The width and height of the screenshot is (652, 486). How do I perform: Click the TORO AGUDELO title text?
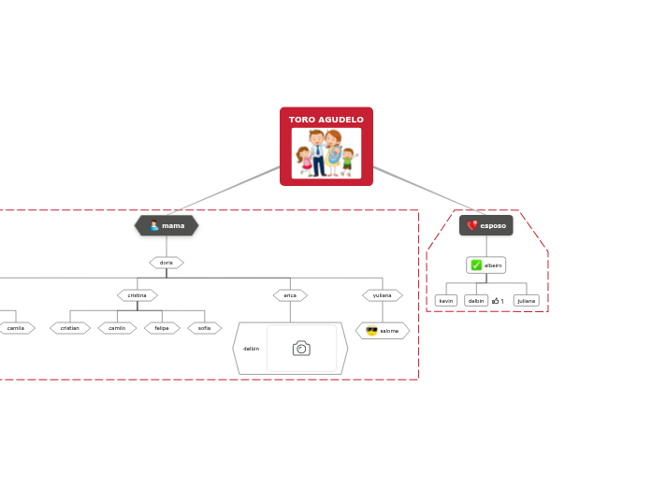pyautogui.click(x=326, y=120)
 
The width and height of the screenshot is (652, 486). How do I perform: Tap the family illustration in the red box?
pyautogui.click(x=326, y=153)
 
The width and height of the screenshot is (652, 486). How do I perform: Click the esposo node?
pyautogui.click(x=486, y=225)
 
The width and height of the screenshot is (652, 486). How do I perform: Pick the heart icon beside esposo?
pyautogui.click(x=472, y=225)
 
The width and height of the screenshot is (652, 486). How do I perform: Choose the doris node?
pyautogui.click(x=167, y=263)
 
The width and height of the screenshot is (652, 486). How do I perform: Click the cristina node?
pyautogui.click(x=137, y=295)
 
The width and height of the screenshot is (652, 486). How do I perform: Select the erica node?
pyautogui.click(x=290, y=295)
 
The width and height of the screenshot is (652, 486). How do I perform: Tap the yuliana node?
pyautogui.click(x=382, y=295)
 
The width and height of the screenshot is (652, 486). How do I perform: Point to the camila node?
pyautogui.click(x=16, y=328)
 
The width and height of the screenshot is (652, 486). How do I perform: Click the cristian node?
pyautogui.click(x=70, y=328)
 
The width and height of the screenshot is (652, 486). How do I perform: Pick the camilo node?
pyautogui.click(x=117, y=328)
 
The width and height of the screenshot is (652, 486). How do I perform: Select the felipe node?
pyautogui.click(x=162, y=328)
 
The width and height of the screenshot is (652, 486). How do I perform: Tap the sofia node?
pyautogui.click(x=204, y=328)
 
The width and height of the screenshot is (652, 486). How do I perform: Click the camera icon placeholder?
pyautogui.click(x=301, y=349)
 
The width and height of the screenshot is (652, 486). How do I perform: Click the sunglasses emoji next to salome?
pyautogui.click(x=371, y=331)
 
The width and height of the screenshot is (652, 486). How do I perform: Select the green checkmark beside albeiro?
pyautogui.click(x=476, y=265)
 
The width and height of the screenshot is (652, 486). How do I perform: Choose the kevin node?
pyautogui.click(x=446, y=301)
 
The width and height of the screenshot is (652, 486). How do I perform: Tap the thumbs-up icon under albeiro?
pyautogui.click(x=496, y=301)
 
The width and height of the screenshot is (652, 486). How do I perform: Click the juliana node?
pyautogui.click(x=527, y=301)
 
